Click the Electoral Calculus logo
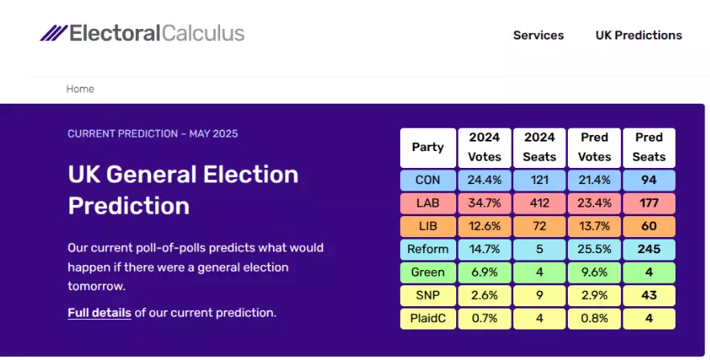coord(142,34)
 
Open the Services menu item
coord(538,35)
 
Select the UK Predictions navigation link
coord(639,35)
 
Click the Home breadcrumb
coord(80,88)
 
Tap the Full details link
coord(100,313)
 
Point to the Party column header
coord(428,148)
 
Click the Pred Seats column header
coord(649,148)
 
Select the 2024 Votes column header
coord(484,148)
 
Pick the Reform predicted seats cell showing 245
coord(649,249)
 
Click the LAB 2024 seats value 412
coord(539,202)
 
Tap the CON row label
coord(428,180)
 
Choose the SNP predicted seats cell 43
coord(649,295)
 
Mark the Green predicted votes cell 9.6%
coord(594,272)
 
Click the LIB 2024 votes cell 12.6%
coord(484,226)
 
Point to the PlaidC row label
coord(428,318)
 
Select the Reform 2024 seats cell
coord(539,249)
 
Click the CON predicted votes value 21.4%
coord(594,180)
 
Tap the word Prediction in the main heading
coord(129,206)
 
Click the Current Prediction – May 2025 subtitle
coord(153,133)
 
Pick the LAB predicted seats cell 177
coord(649,202)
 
